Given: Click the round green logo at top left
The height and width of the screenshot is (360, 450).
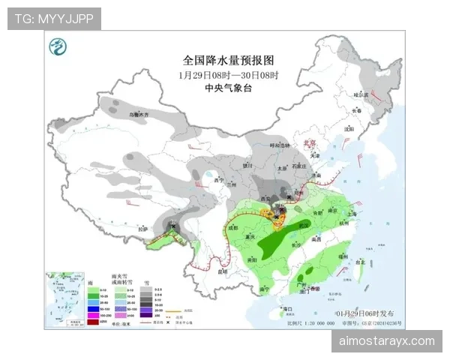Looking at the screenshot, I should click(x=57, y=49).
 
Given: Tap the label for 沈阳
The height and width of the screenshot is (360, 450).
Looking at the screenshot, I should click(x=347, y=128).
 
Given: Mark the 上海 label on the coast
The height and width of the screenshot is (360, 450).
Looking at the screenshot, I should click(x=352, y=213).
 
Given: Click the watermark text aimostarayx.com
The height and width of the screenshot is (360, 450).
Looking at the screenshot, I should click(x=387, y=341).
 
